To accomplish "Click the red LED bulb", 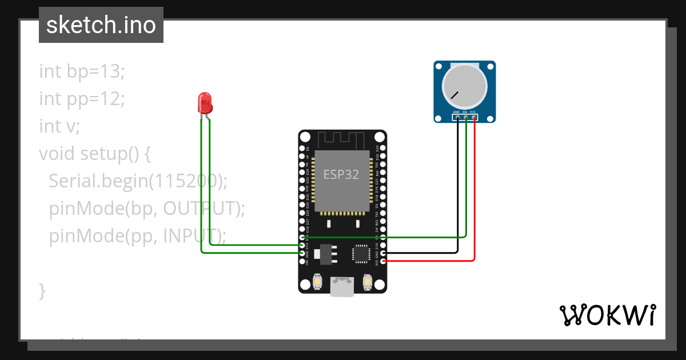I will pyautogui.click(x=205, y=103).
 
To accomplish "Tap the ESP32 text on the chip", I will pyautogui.click(x=341, y=175).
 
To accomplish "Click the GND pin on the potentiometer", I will pyautogui.click(x=457, y=118).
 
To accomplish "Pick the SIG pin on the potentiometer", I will pyautogui.click(x=465, y=118).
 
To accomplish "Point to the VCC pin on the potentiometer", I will pyautogui.click(x=474, y=118).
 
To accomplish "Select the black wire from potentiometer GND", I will pyautogui.click(x=457, y=189).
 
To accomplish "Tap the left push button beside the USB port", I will pyautogui.click(x=318, y=282).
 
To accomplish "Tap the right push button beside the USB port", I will pyautogui.click(x=368, y=282).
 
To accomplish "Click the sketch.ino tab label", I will pyautogui.click(x=101, y=25).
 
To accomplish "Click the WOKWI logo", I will pyautogui.click(x=607, y=315).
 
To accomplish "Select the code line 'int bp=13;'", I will pyautogui.click(x=82, y=71).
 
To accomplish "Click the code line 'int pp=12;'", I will pyautogui.click(x=82, y=99).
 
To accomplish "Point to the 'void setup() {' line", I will pyautogui.click(x=94, y=154).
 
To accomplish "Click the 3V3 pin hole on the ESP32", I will pyautogui.click(x=383, y=261).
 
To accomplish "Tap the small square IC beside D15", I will pyautogui.click(x=361, y=254).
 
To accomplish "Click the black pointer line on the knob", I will pyautogui.click(x=454, y=94).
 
